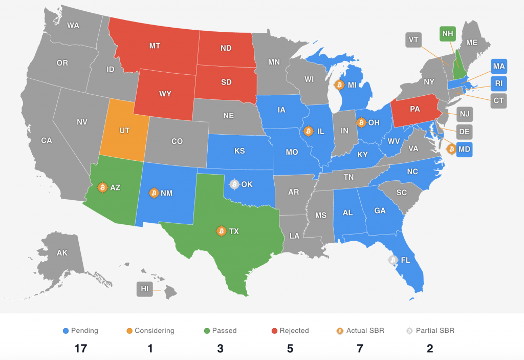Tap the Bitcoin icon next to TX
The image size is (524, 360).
pos(222,231)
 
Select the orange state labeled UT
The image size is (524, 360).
pos(124,131)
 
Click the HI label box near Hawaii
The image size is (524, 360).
pos(145,289)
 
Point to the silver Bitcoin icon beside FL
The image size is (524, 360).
pos(393,260)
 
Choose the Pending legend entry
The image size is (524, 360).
pos(80,330)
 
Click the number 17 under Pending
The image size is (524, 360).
pos(80,349)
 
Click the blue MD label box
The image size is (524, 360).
pos(465,150)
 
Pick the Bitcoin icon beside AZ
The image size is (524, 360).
pos(102,187)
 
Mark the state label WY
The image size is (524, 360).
pos(165,94)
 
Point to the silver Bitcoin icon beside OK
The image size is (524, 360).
pos(234,184)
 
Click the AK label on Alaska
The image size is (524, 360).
pos(62,252)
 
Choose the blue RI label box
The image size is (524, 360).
pos(499,83)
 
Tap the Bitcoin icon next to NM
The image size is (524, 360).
pos(153,193)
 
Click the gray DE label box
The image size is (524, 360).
pos(464,132)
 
